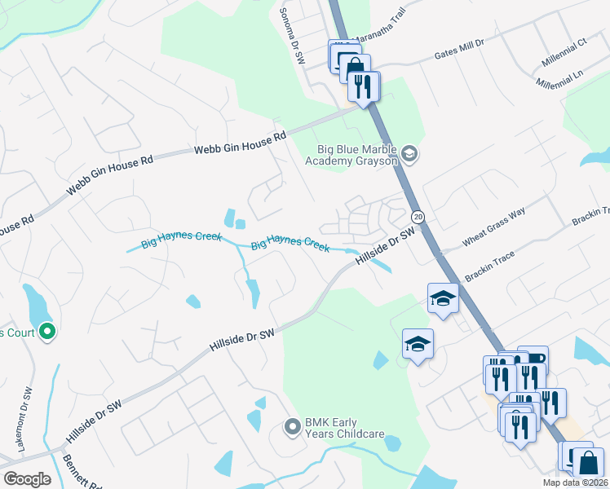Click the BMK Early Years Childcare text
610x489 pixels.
(x=344, y=428)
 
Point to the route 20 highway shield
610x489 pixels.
(x=418, y=217)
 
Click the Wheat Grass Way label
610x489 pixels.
(x=494, y=227)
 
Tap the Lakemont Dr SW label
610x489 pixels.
(x=24, y=419)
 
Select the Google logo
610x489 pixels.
(x=27, y=479)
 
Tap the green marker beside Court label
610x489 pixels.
(x=46, y=332)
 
